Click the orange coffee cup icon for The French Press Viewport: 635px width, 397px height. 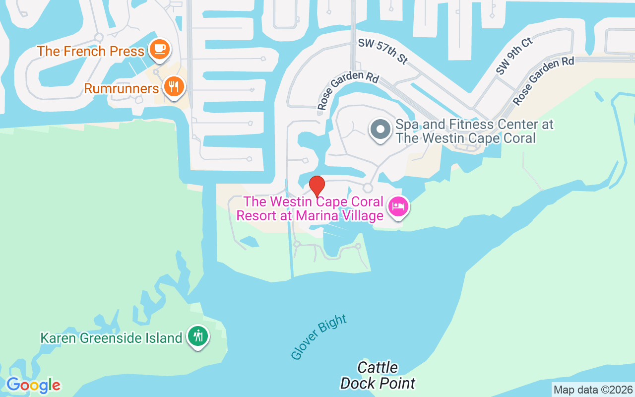coord(159,49)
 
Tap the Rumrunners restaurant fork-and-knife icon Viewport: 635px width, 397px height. coord(173,87)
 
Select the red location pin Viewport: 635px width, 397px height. coord(317,186)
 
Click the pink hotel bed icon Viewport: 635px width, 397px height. coord(398,206)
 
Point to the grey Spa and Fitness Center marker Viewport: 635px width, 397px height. coord(381,129)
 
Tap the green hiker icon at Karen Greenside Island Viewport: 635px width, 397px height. coord(198,336)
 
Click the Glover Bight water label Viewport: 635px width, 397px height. coord(318,337)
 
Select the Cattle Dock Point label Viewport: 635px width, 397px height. coord(378,375)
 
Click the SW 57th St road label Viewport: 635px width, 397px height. coord(382,52)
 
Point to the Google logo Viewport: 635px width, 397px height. coord(33,385)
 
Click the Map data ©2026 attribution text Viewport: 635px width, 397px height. coord(593,390)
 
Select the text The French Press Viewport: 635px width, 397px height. coord(90,51)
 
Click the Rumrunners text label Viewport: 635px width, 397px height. coord(121,89)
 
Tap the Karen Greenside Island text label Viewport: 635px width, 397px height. coord(111,338)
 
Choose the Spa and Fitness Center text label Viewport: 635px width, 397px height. coord(474,131)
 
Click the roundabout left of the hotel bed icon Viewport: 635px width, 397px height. coord(368,188)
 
